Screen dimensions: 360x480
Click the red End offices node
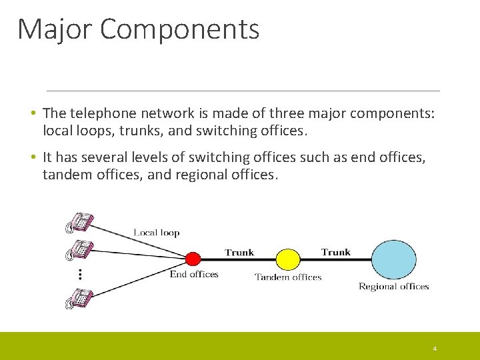(193, 259)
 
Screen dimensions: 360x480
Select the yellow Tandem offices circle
(288, 259)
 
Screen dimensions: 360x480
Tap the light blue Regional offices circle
(393, 259)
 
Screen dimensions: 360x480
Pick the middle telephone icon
(79, 250)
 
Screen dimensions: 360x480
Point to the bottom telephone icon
(79, 298)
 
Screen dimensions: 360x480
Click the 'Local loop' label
(157, 233)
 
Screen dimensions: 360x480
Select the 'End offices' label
(194, 274)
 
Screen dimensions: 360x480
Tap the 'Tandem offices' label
(288, 277)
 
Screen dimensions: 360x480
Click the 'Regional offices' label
(393, 287)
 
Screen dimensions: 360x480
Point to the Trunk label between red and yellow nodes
(239, 252)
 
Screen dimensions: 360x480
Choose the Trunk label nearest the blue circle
(335, 251)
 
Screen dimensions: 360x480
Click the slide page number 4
(435, 349)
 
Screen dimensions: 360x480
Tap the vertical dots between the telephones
(79, 273)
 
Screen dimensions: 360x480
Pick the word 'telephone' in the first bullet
(99, 114)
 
